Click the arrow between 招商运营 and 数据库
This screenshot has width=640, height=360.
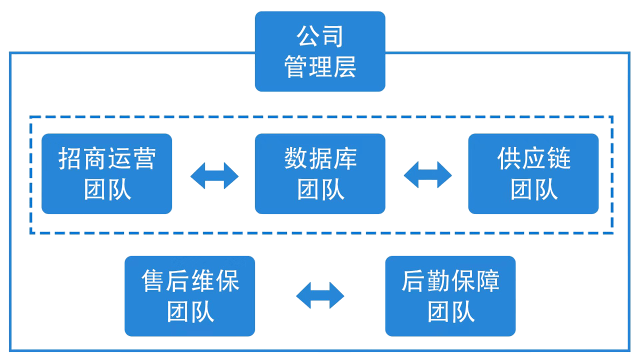[x=214, y=175]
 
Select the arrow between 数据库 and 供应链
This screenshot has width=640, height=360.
[x=427, y=175]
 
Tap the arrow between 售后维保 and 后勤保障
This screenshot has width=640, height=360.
[x=320, y=295]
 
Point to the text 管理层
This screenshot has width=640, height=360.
[x=320, y=66]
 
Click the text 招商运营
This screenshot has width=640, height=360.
[x=107, y=158]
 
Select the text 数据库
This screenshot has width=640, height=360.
[x=320, y=158]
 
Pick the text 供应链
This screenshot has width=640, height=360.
[x=533, y=158]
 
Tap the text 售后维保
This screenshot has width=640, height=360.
[x=190, y=280]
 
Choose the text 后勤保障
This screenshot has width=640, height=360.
[x=450, y=280]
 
